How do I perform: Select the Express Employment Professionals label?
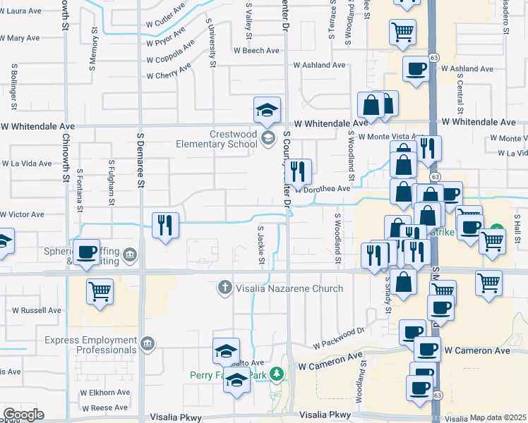91,345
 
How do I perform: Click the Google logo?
23,415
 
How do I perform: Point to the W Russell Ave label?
37,310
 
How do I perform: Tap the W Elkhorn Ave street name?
105,393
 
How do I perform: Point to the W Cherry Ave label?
168,75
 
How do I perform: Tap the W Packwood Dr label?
338,337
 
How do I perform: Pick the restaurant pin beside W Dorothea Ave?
298,170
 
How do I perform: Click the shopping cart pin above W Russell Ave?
100,290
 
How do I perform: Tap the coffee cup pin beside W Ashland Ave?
416,68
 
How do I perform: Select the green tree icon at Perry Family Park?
279,373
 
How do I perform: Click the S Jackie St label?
260,246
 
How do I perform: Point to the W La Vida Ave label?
26,164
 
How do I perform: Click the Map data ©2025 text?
498,417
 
